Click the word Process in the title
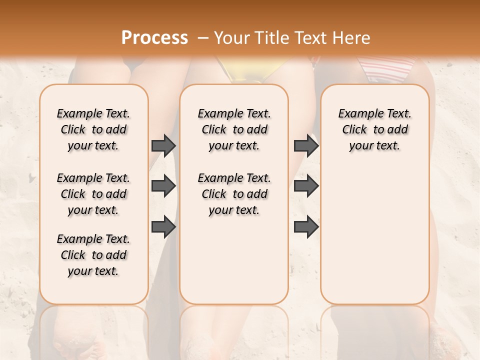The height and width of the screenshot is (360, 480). [154, 38]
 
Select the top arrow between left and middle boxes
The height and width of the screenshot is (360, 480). [163, 145]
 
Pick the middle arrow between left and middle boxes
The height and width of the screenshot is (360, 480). [163, 186]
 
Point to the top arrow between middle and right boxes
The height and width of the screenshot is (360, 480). [306, 145]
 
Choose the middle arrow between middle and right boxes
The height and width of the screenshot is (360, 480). [306, 186]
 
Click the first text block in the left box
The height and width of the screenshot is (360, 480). [93, 129]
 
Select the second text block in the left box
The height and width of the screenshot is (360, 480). [93, 194]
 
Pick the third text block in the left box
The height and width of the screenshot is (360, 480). [93, 255]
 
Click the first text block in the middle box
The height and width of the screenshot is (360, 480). [234, 129]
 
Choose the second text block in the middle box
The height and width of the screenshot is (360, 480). [234, 194]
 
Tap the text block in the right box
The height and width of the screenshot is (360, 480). [375, 129]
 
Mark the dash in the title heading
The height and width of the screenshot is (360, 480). [202, 38]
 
